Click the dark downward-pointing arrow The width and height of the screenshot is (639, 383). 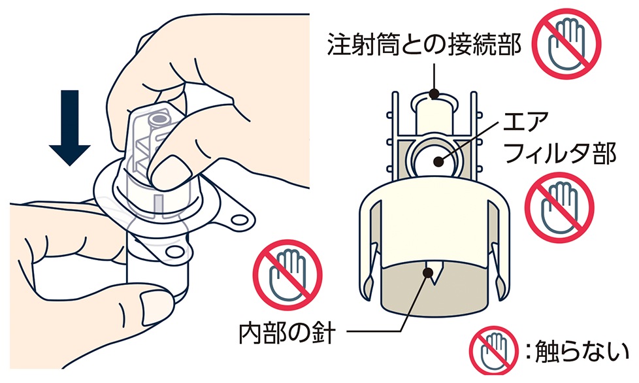(69, 127)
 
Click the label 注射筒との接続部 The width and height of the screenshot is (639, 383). (424, 44)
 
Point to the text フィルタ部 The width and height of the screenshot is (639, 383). (559, 153)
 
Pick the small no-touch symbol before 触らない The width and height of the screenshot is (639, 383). (493, 351)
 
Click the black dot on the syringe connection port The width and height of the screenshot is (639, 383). (434, 95)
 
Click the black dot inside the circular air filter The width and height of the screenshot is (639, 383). (438, 161)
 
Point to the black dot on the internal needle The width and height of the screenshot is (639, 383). (427, 271)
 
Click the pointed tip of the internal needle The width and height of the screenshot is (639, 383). (434, 285)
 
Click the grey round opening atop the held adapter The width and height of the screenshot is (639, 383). (159, 120)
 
